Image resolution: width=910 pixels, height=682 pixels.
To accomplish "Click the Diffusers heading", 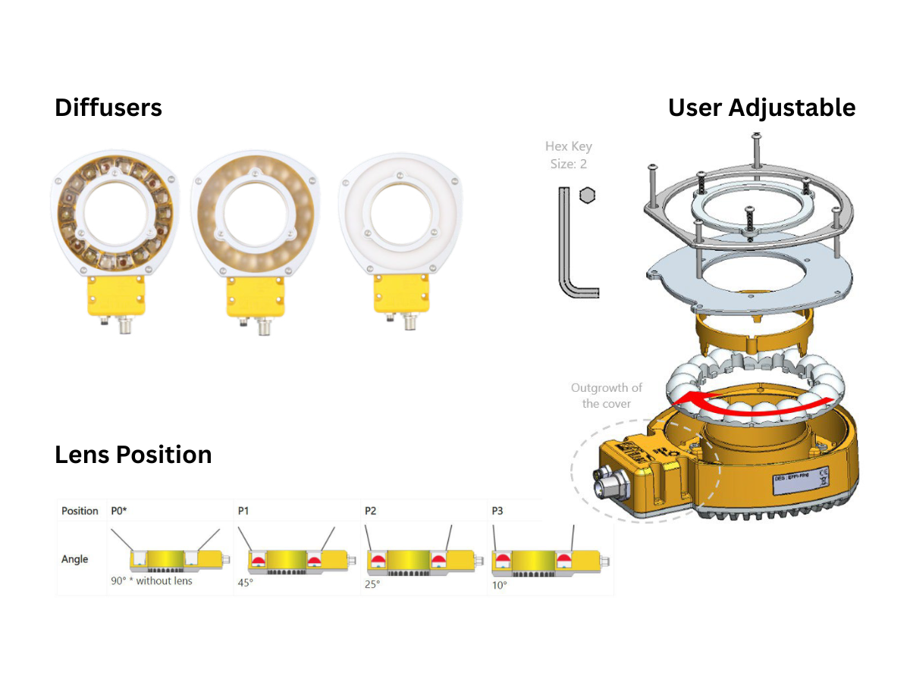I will click(108, 108).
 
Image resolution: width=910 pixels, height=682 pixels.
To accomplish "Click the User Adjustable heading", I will click(761, 108).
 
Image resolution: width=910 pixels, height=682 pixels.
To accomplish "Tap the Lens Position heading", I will click(133, 455).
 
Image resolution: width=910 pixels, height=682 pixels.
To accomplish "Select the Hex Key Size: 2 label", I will click(568, 155).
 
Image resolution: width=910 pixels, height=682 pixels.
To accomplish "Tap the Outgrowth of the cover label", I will click(606, 396).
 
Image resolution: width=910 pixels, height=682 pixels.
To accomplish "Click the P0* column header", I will click(119, 511).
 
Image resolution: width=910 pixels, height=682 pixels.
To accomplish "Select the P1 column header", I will click(243, 511).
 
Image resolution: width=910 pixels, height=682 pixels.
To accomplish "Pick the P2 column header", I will click(371, 511).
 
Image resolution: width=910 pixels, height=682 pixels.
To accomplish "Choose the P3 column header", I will click(497, 511).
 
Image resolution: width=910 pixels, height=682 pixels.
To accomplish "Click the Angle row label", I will click(74, 559).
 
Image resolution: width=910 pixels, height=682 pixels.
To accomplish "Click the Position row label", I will click(80, 511).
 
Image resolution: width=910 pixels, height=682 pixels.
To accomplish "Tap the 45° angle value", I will click(245, 584).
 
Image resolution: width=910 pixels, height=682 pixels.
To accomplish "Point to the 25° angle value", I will click(372, 584).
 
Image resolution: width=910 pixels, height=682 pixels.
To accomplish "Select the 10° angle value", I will click(499, 584).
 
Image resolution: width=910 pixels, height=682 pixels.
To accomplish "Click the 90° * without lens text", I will click(152, 581).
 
